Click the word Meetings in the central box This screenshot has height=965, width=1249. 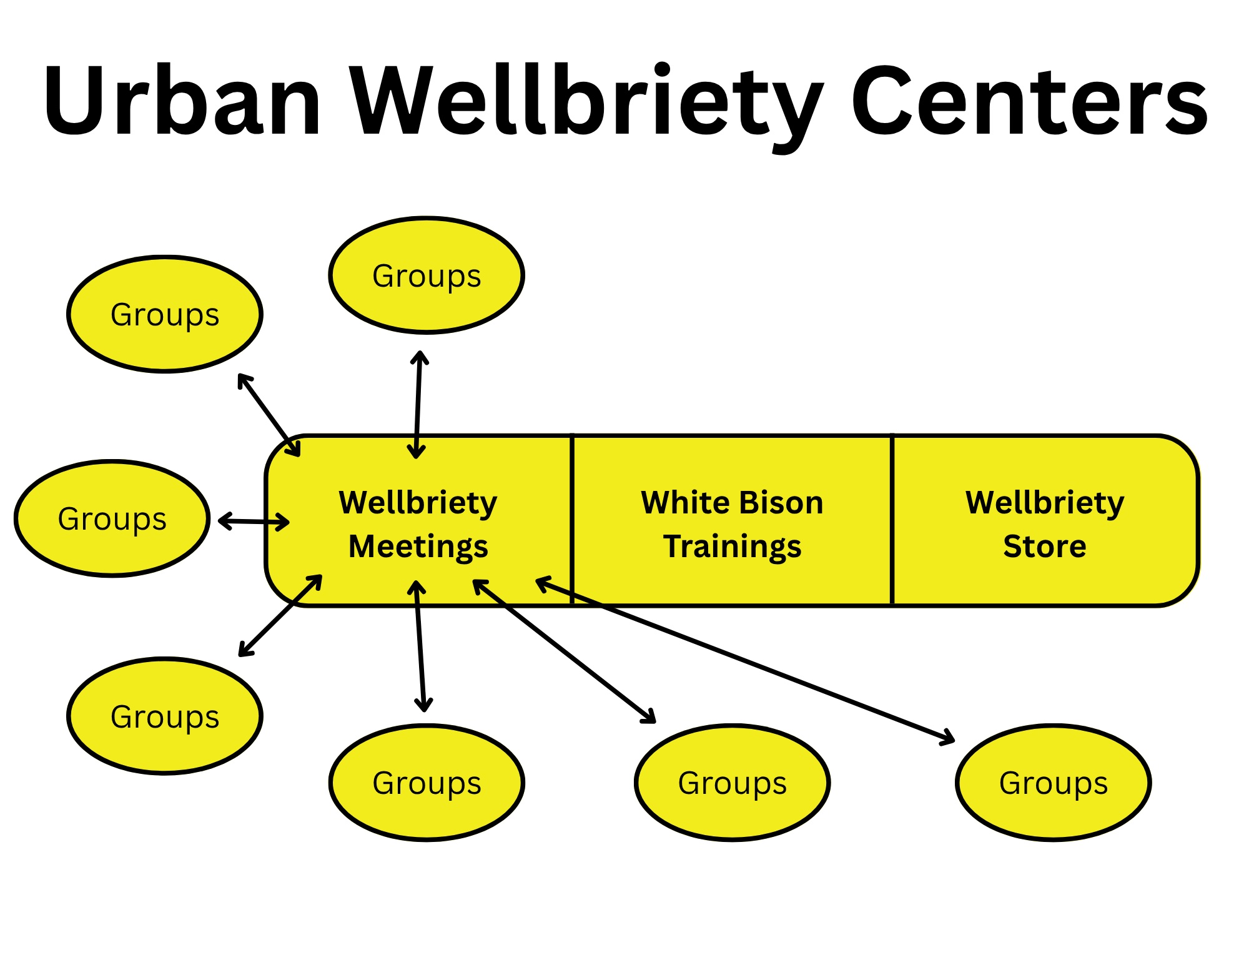(x=418, y=547)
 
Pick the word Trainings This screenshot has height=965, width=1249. (x=732, y=547)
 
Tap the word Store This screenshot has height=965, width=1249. (x=1045, y=547)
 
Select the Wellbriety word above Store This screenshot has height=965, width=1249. (x=1045, y=503)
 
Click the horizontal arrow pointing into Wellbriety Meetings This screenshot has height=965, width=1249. (x=254, y=521)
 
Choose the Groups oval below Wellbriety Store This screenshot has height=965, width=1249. (x=1053, y=783)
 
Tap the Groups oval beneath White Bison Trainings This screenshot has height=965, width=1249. (x=732, y=783)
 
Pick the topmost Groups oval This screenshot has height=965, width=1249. (x=427, y=275)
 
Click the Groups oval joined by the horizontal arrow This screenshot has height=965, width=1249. (x=112, y=518)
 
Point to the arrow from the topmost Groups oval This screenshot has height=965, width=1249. (x=418, y=405)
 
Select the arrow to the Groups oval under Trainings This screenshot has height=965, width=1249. (x=565, y=651)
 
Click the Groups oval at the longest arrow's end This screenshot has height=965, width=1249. (x=1053, y=783)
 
